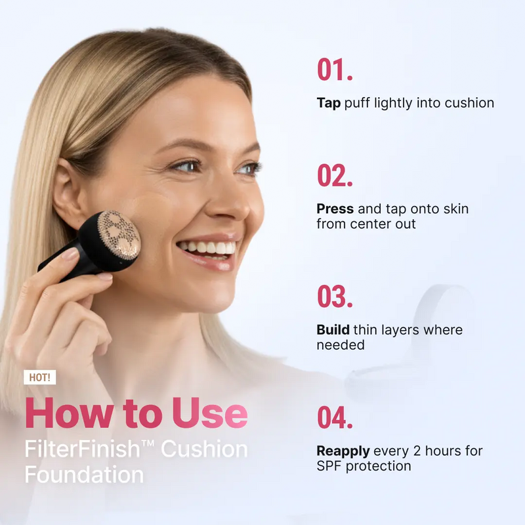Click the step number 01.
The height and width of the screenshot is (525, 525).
335,70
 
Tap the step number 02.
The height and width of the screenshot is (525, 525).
335,175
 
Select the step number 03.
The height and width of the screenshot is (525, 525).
335,296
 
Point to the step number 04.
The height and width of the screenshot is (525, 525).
335,417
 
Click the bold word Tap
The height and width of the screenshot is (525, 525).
329,103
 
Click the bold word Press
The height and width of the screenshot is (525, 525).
335,209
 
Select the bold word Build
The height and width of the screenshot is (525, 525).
333,330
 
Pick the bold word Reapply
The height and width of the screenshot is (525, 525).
343,451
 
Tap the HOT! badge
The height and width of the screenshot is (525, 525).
39,377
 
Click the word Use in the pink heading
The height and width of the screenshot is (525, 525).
210,413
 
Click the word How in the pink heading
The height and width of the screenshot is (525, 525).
70,413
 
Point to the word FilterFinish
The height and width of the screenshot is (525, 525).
83,449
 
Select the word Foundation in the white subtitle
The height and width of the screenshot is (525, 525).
85,474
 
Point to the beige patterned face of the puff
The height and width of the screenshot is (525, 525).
119,235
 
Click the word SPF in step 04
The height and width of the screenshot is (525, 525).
329,466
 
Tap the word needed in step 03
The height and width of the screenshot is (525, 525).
341,345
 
